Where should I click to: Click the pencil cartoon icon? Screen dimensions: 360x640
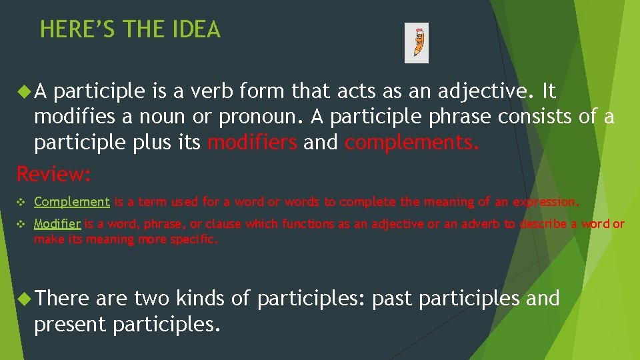(x=417, y=43)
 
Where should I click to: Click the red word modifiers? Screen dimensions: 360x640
(x=253, y=142)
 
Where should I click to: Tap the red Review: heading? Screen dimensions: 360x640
(x=53, y=175)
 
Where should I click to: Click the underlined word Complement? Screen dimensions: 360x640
(x=72, y=201)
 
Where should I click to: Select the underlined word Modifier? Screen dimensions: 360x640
(x=57, y=224)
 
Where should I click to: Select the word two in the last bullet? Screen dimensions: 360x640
(x=151, y=299)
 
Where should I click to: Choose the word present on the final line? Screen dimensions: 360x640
(x=70, y=324)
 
